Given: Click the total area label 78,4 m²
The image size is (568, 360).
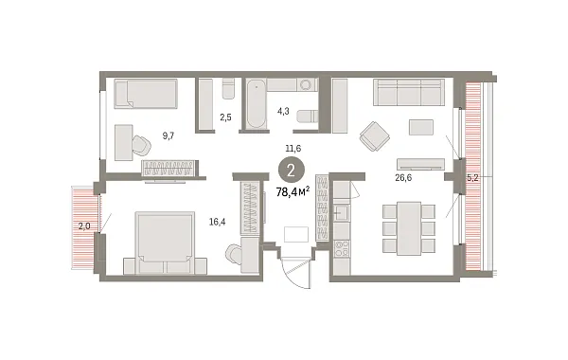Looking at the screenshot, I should [295, 193].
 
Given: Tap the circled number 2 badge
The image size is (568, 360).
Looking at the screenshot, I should [295, 171].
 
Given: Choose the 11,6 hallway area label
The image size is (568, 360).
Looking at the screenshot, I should [295, 149].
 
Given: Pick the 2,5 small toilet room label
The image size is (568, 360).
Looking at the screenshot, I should [224, 118].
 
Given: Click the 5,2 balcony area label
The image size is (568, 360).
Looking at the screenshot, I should [473, 177].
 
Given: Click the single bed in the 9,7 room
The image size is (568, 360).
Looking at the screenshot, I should [146, 94].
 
